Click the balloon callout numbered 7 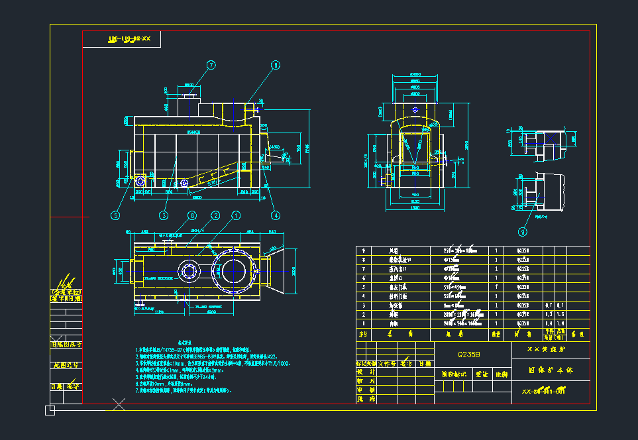pyautogui.click(x=211, y=65)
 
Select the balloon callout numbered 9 pyautogui.click(x=523, y=232)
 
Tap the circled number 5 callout pyautogui.click(x=115, y=215)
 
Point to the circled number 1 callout pyautogui.click(x=235, y=215)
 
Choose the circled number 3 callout pyautogui.click(x=164, y=215)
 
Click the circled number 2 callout pyautogui.click(x=215, y=215)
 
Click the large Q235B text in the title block pyautogui.click(x=473, y=355)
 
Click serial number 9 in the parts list pyautogui.click(x=362, y=251)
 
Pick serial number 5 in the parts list pyautogui.click(x=362, y=288)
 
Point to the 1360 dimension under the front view pyautogui.click(x=415, y=208)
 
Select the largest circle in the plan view pyautogui.click(x=235, y=270)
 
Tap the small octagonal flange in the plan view pyautogui.click(x=189, y=270)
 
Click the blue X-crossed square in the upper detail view pyautogui.click(x=539, y=138)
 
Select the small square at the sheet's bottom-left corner pyautogui.click(x=50, y=411)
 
